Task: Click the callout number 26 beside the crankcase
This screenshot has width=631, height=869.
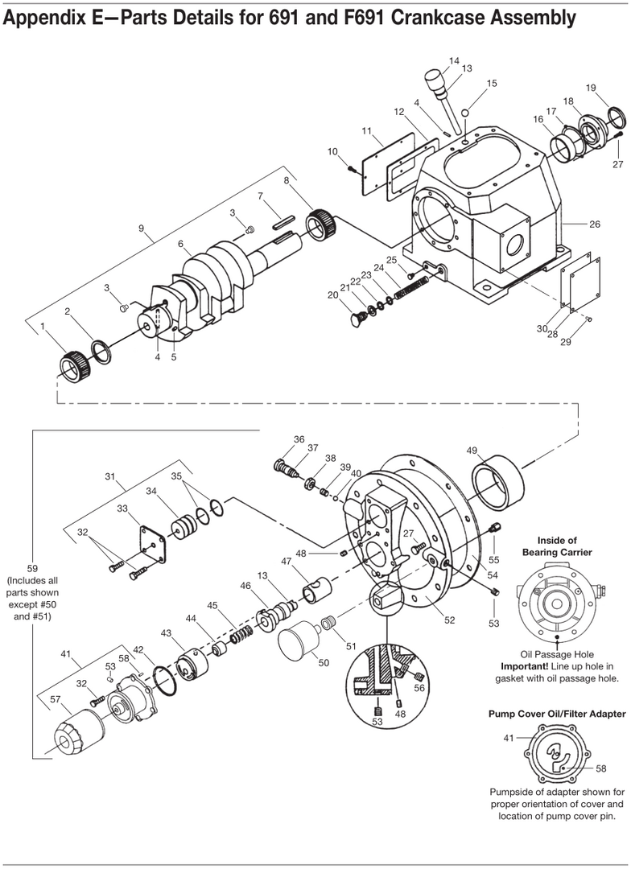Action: [x=595, y=224]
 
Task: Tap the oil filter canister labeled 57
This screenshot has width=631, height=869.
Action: [x=76, y=731]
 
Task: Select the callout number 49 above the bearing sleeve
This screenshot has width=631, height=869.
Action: [x=472, y=451]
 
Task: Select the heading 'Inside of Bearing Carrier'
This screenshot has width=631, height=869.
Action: [x=557, y=546]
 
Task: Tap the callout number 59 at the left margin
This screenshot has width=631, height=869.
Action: [x=32, y=567]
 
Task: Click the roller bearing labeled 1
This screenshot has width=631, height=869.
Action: [x=72, y=366]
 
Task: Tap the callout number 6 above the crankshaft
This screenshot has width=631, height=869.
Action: [x=181, y=244]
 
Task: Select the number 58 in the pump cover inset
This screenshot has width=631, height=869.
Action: [x=601, y=768]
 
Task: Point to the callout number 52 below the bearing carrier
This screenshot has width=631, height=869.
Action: [x=450, y=620]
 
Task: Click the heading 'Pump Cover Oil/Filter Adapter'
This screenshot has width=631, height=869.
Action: [x=557, y=714]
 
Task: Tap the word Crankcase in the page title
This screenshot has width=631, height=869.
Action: [x=443, y=19]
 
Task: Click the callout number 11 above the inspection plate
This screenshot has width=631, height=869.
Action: [x=366, y=131]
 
